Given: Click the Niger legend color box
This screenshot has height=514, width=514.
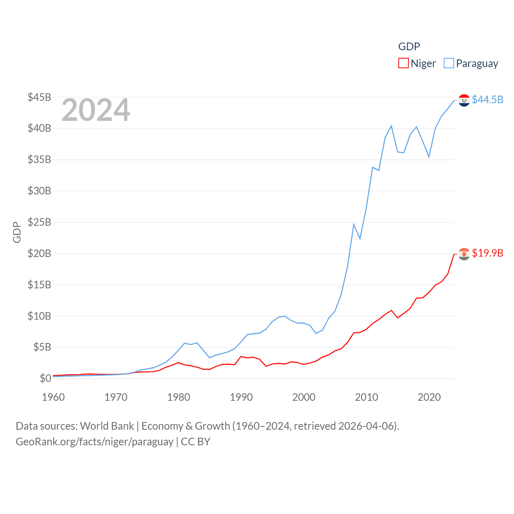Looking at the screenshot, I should [403, 63].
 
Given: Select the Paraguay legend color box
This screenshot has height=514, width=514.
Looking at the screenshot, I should [449, 63].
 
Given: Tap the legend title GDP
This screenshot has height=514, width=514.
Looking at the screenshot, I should [409, 47].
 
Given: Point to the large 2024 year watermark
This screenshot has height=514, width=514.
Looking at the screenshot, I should [96, 110].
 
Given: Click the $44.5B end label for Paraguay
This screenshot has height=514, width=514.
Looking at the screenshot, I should [487, 100].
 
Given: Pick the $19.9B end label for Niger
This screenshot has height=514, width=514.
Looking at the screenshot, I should [487, 253].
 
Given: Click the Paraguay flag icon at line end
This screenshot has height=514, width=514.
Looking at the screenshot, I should [464, 100].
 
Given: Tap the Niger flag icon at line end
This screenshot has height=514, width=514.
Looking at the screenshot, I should [464, 254].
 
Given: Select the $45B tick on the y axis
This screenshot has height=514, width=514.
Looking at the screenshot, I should [39, 97].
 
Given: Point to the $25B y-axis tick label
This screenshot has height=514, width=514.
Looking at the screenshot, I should [39, 222].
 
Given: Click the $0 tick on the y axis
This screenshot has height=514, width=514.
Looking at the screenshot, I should [45, 378].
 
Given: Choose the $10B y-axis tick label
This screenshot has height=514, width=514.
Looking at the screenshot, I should [39, 316].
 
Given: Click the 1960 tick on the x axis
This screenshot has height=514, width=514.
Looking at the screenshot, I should [53, 397].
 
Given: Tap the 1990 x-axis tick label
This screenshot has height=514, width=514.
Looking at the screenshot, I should [241, 397].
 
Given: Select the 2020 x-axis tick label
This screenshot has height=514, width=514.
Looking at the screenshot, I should [429, 397].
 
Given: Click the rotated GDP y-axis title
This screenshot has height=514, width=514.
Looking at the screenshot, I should [17, 232].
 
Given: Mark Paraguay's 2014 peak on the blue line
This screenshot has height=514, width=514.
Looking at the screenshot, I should [391, 126].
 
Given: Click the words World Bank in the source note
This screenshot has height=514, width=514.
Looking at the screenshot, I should [107, 426].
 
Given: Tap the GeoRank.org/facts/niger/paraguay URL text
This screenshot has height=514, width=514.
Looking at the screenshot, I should [94, 442].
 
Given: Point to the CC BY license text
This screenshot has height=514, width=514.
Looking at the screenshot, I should [196, 442].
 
